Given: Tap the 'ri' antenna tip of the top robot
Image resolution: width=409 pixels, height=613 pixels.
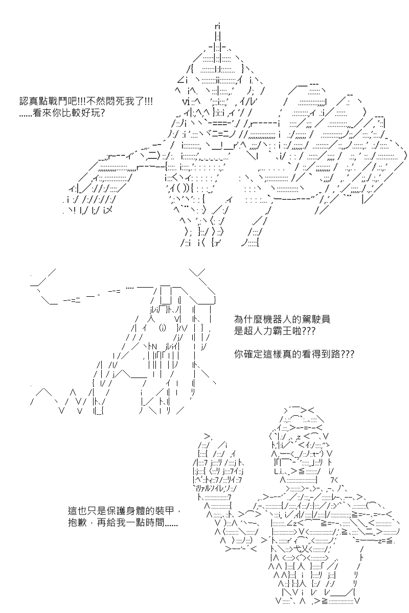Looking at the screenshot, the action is pyautogui.click(x=218, y=26).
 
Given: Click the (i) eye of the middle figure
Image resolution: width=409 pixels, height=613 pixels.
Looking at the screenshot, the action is pyautogui.click(x=163, y=328).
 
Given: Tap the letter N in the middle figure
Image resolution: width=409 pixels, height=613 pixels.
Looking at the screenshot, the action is pyautogui.click(x=154, y=347).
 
